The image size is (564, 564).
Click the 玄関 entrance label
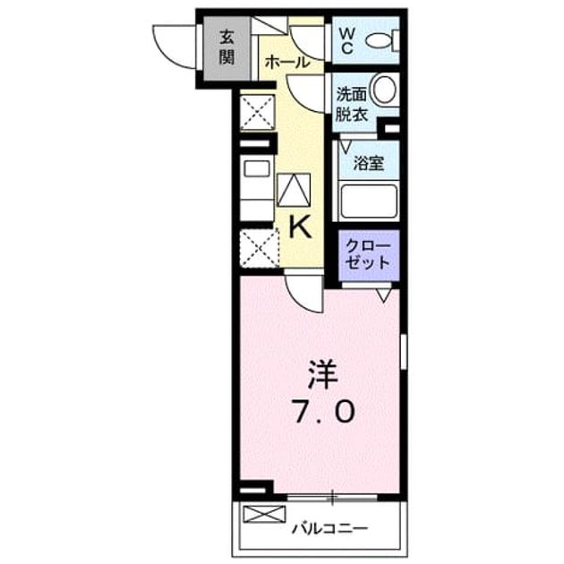(x=227, y=47)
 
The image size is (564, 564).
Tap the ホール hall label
(x=287, y=63)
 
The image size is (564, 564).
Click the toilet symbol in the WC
(x=382, y=39)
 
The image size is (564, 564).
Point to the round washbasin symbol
(x=384, y=89)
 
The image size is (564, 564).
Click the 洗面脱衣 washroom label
(x=352, y=105)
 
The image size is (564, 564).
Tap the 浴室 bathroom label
(x=368, y=163)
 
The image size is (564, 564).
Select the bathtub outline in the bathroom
(x=369, y=201)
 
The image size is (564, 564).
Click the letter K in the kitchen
(x=300, y=227)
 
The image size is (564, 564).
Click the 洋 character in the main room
(x=322, y=375)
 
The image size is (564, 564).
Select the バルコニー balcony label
(x=329, y=529)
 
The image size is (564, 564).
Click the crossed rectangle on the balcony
(x=264, y=514)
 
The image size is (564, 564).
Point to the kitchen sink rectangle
(x=257, y=168)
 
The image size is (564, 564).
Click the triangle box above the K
(x=294, y=190)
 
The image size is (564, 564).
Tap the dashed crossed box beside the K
(x=260, y=249)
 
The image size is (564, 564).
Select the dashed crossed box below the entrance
(x=258, y=112)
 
